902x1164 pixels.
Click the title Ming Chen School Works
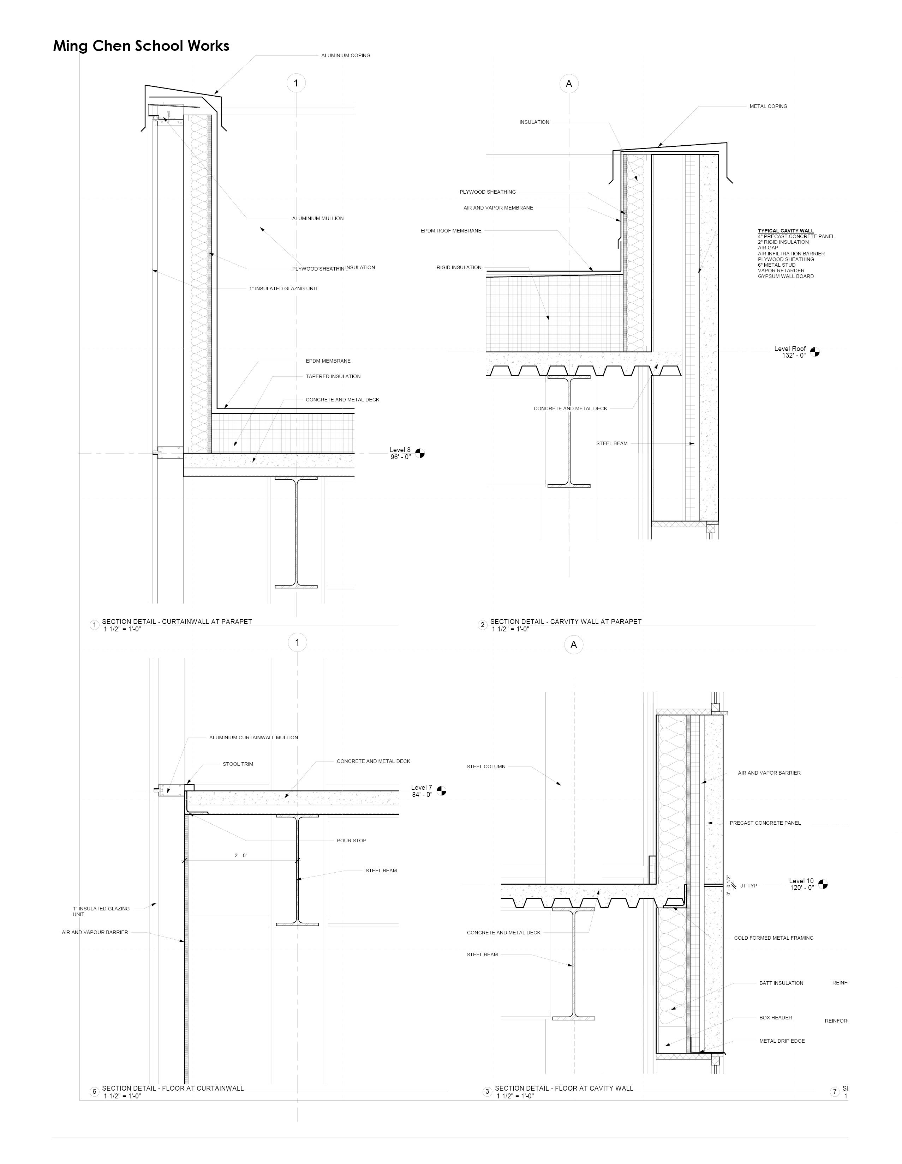pos(141,46)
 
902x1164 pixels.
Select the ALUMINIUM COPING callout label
pos(345,55)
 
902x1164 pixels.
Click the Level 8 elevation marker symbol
pos(420,454)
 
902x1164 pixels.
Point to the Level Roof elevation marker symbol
pos(814,352)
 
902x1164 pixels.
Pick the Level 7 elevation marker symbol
pos(441,791)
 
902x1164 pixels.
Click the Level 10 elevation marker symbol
pos(823,884)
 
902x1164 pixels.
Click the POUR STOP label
pos(351,841)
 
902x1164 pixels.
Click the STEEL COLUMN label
pos(485,766)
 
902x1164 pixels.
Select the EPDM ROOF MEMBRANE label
pos(451,231)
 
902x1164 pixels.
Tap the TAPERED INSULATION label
pos(333,376)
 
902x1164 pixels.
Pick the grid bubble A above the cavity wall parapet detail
pos(569,84)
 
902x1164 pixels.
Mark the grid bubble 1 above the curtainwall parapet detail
pos(296,83)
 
